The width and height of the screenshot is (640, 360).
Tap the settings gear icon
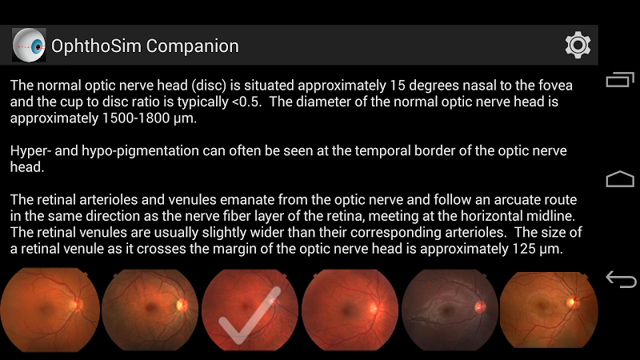[578, 45]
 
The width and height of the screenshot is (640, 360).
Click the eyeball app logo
[29, 45]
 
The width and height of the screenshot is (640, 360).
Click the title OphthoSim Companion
[145, 46]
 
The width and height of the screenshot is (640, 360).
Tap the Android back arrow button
[621, 279]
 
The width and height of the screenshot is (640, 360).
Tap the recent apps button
[620, 79]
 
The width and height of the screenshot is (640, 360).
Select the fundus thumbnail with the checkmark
[250, 310]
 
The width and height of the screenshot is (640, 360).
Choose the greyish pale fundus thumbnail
[450, 310]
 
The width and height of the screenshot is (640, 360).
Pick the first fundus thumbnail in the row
[50, 310]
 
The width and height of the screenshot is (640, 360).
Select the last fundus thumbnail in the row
[549, 310]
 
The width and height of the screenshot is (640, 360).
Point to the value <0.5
[246, 102]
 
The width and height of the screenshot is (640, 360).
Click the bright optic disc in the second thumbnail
[182, 305]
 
